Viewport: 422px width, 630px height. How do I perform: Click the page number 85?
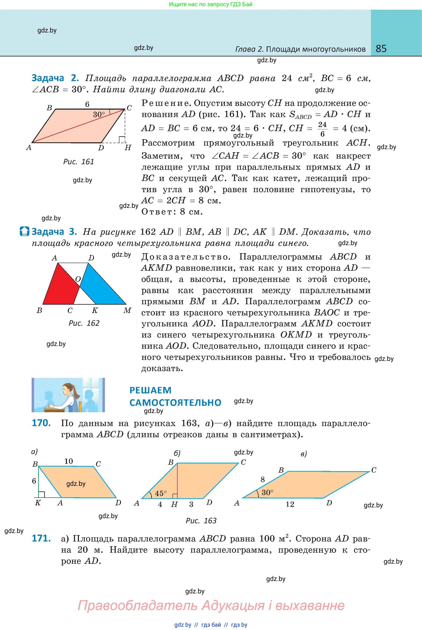(381, 49)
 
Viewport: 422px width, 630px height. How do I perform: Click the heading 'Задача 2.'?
(55, 78)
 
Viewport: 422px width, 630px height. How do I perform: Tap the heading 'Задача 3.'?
(54, 231)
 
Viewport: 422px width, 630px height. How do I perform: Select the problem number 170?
(41, 423)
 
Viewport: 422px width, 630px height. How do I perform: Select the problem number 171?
(41, 538)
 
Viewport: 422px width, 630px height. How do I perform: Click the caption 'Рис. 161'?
(78, 162)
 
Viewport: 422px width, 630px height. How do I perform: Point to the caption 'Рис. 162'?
(84, 323)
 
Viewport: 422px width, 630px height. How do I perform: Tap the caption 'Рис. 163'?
(201, 521)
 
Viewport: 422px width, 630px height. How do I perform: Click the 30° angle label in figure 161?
(99, 115)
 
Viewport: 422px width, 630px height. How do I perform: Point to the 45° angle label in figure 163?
(161, 493)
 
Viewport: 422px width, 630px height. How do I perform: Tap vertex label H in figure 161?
(128, 148)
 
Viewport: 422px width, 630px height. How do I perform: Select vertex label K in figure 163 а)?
(38, 503)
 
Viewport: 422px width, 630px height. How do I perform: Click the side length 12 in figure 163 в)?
(290, 504)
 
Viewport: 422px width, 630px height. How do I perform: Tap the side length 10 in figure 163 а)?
(69, 461)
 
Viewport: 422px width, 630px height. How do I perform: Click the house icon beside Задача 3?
(25, 231)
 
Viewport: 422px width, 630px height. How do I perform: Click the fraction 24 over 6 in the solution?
(322, 129)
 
